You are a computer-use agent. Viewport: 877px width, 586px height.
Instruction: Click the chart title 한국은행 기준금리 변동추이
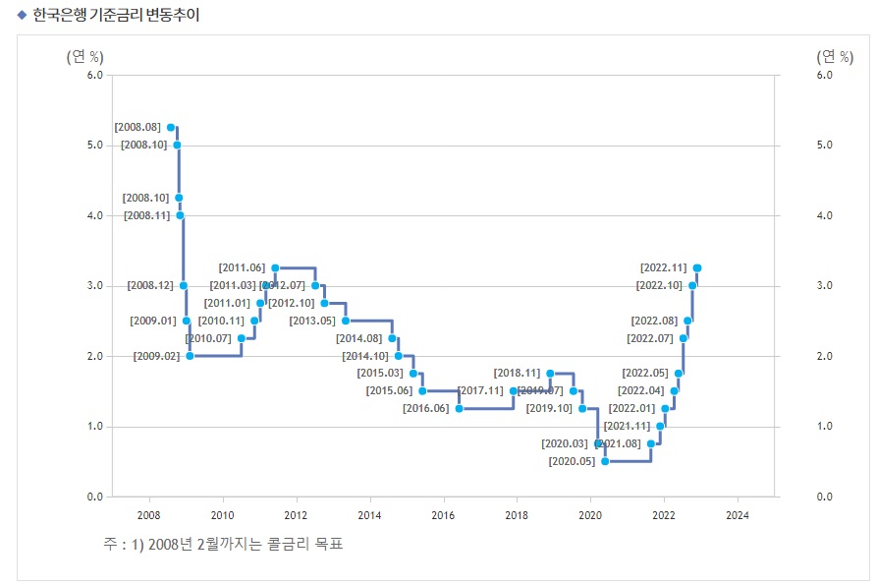coord(116,17)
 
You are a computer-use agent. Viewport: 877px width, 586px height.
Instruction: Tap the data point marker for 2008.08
coord(171,127)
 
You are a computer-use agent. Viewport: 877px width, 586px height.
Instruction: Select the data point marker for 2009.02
coord(190,356)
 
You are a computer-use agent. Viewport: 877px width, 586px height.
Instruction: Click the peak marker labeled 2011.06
coord(275,267)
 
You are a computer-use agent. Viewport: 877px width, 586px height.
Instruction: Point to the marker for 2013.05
coord(345,321)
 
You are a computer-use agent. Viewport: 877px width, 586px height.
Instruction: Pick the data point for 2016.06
coord(459,408)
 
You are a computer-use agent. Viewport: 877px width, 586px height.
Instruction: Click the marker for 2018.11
coord(550,374)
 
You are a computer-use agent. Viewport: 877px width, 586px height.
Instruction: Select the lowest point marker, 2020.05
coord(605,461)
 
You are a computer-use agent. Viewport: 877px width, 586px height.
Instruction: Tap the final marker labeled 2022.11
coord(696,267)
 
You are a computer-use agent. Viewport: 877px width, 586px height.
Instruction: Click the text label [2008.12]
coord(150,285)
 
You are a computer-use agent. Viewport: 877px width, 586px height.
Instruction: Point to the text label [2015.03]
coord(380,374)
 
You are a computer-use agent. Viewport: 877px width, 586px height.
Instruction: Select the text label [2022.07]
coord(650,338)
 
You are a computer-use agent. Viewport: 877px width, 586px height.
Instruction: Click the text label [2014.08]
coord(359,338)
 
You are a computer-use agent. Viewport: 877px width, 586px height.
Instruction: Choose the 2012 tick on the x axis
coord(296,515)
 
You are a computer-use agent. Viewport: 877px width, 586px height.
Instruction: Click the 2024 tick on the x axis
coord(737,515)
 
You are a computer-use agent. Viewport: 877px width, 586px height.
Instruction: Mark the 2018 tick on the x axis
coord(517,515)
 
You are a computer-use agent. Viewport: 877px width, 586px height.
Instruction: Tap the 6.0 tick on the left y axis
coord(94,75)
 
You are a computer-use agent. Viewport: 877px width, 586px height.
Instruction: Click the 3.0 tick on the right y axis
coord(824,286)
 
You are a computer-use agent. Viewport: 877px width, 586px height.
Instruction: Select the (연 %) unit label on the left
coord(84,56)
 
